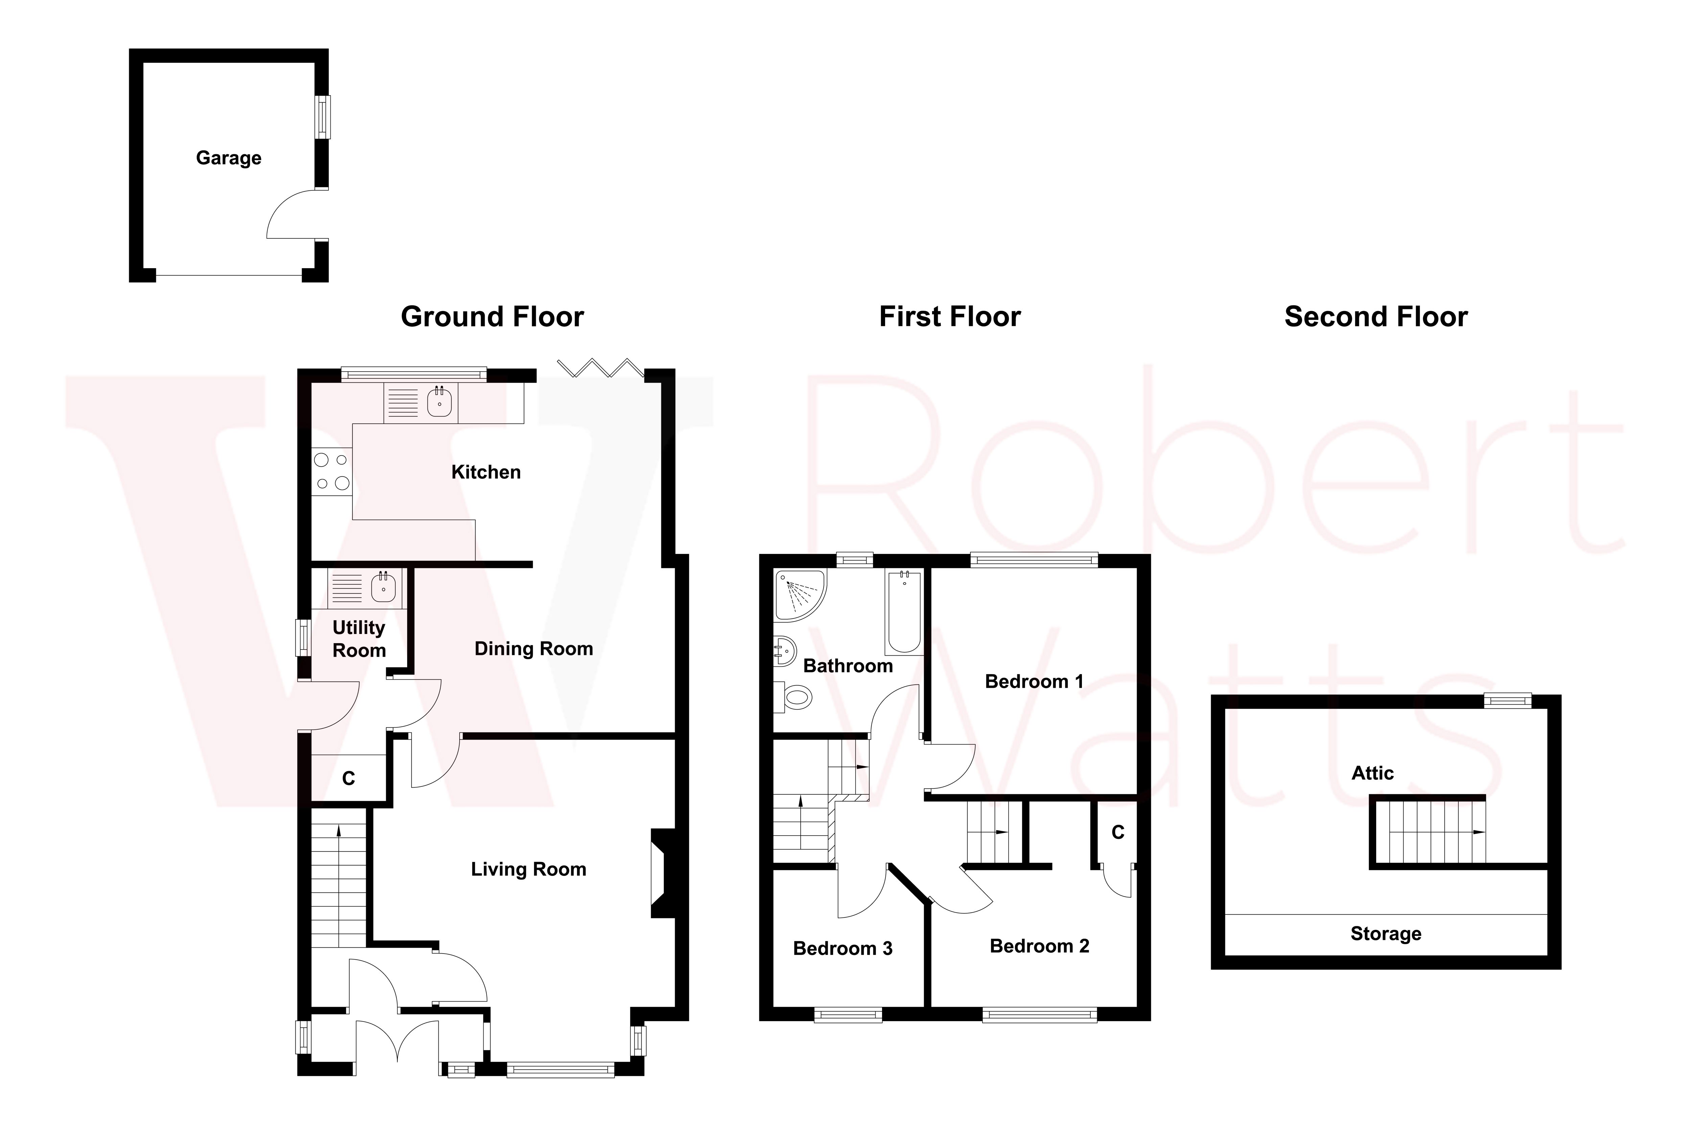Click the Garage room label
coord(229,158)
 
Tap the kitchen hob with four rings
coord(331,471)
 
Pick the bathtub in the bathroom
coord(904,611)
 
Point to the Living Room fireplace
coord(662,873)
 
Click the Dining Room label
coord(533,649)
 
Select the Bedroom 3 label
coord(842,949)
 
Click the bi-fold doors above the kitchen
coord(600,368)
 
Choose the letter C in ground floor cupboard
coord(349,778)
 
